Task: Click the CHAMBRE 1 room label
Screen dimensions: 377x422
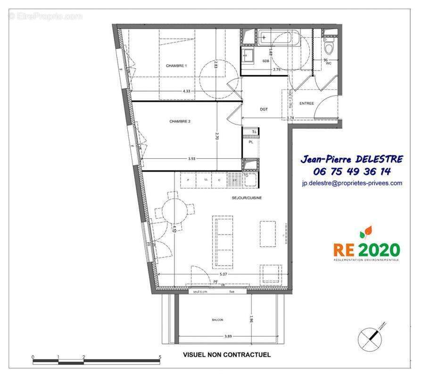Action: (176, 66)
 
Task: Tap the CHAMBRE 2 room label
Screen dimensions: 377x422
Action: (180, 121)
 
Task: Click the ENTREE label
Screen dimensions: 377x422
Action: (306, 103)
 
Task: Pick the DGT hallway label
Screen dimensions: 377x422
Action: (264, 109)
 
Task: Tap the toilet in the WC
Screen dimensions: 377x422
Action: (329, 48)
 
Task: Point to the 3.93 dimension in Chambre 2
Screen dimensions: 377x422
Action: (191, 159)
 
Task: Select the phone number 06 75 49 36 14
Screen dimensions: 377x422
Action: (352, 172)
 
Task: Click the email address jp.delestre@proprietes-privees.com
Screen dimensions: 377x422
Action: (352, 183)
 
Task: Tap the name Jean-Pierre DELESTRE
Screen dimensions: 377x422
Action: (352, 159)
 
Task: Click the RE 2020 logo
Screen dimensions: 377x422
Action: (366, 246)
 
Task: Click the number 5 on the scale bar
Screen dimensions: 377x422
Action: (160, 357)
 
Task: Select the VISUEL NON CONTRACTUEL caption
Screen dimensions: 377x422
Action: (227, 355)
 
